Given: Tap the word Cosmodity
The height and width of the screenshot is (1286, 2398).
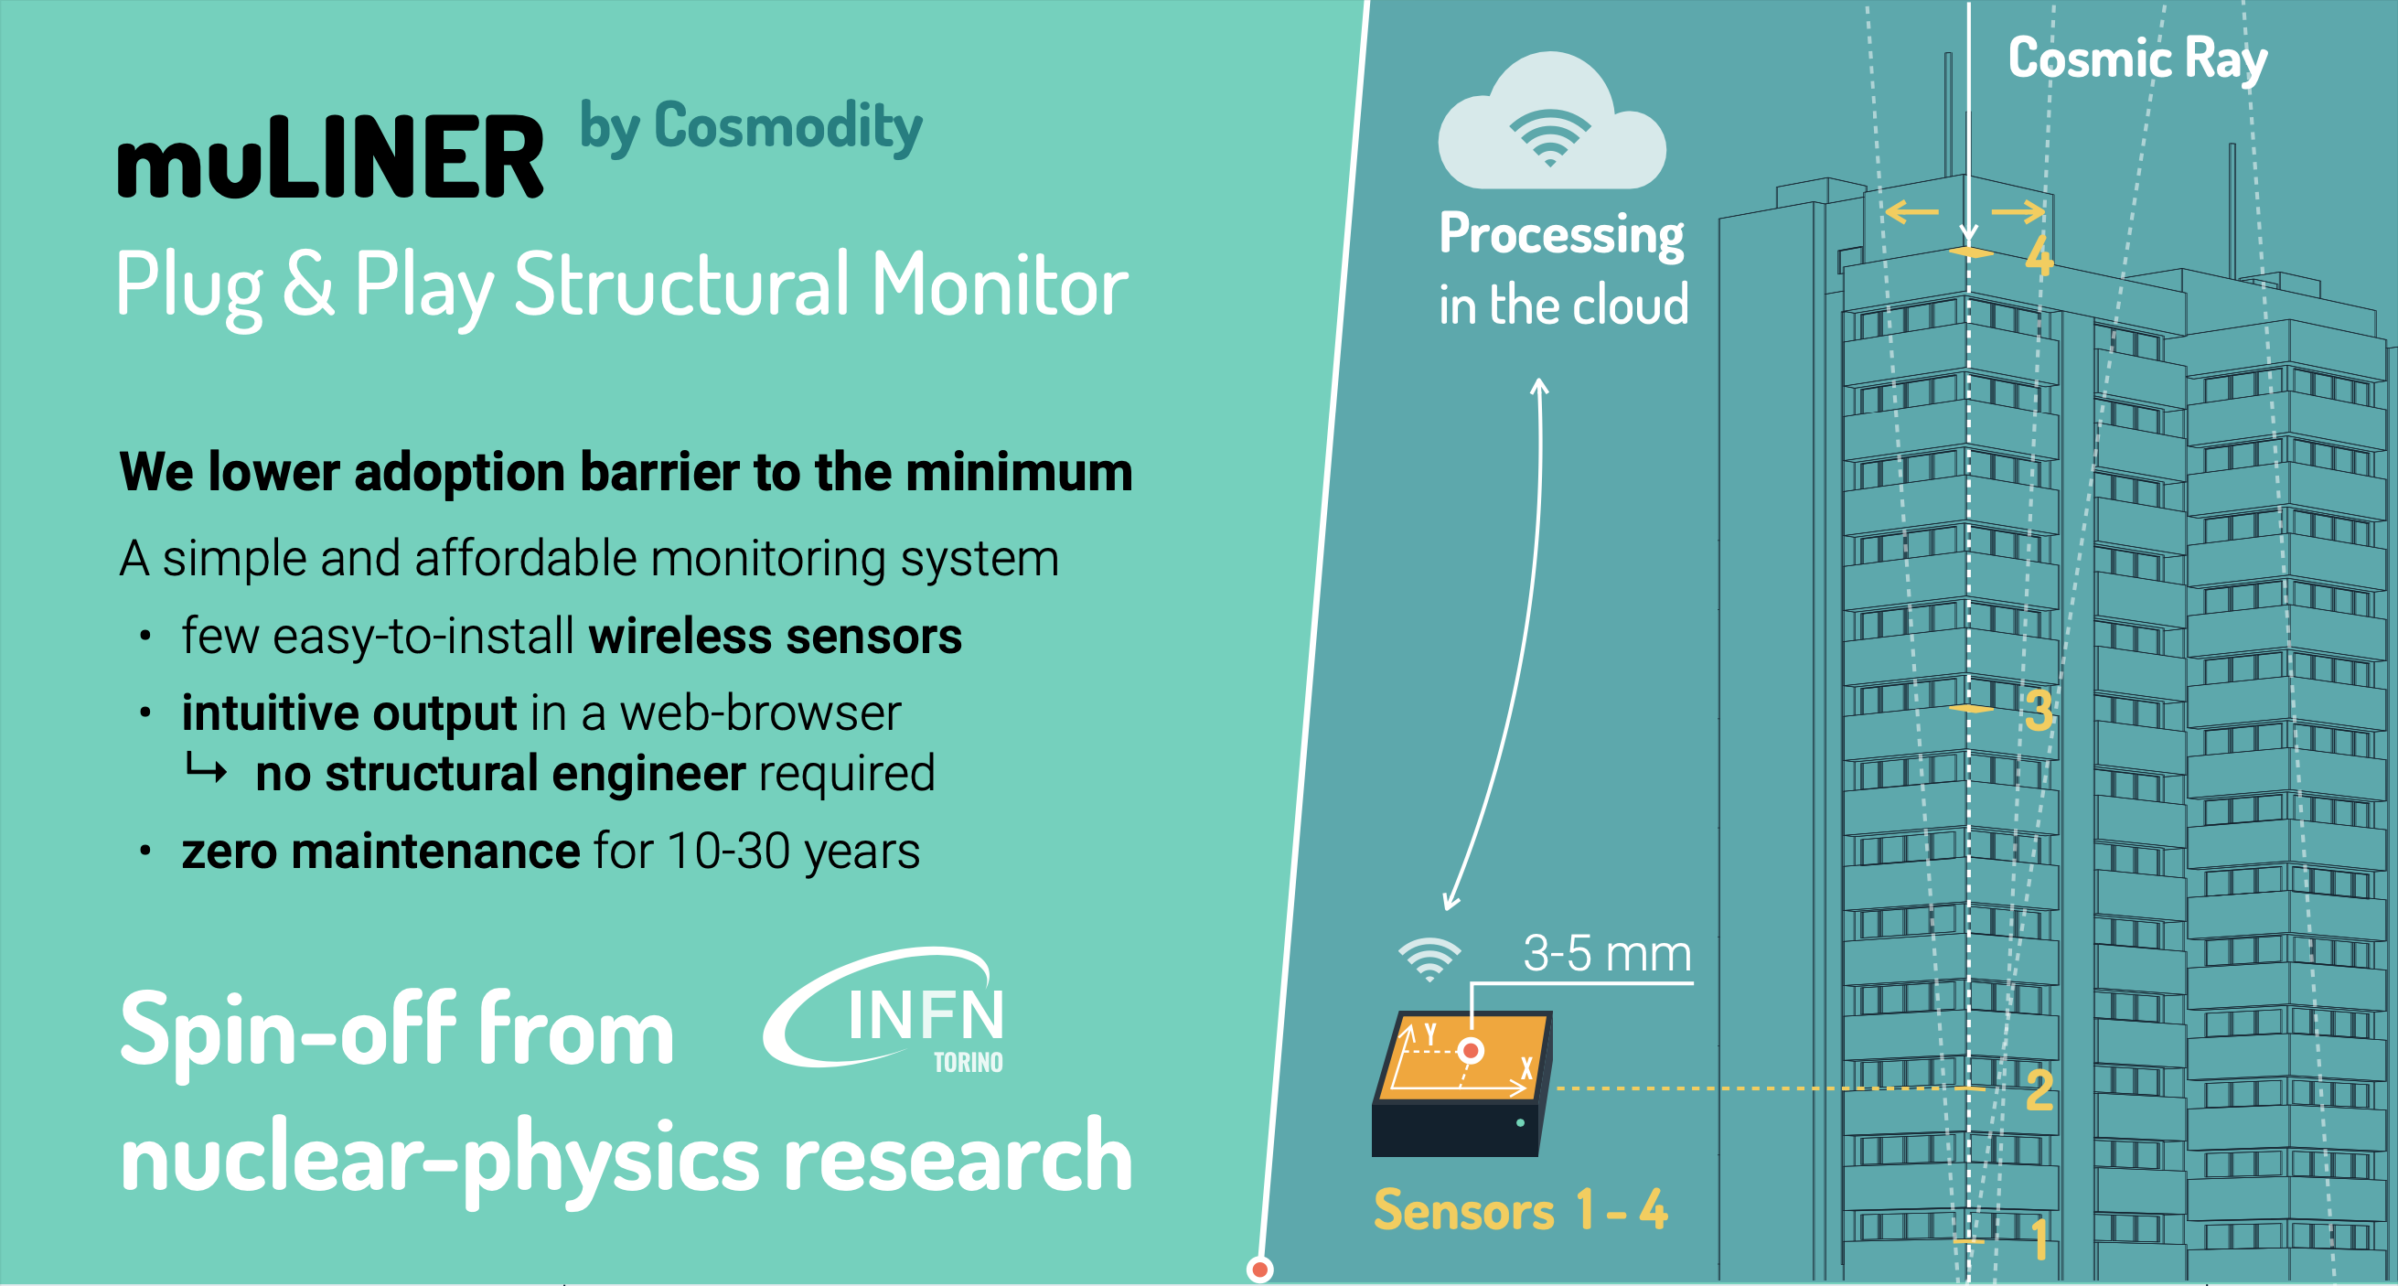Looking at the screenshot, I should [x=787, y=126].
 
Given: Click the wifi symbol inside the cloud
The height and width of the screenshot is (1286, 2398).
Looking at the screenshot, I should [x=1550, y=137].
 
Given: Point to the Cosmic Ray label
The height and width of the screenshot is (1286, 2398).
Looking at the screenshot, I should [x=2136, y=59].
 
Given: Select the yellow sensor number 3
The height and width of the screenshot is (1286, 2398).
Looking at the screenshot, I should [x=2039, y=711].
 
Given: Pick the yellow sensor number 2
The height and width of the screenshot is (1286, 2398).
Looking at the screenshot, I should [x=2039, y=1089].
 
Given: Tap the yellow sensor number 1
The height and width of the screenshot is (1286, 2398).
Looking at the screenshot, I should [x=2039, y=1239].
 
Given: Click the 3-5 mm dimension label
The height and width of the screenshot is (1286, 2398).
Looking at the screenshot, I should [x=1607, y=954].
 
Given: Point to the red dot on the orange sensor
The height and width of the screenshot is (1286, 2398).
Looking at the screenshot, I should [x=1471, y=1051].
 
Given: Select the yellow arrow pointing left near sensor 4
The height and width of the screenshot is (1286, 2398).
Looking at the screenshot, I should [x=1911, y=212].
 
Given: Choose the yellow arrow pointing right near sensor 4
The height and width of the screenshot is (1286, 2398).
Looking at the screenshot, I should [x=2018, y=212].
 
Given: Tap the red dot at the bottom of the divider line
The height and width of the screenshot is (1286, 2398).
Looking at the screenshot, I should [x=1259, y=1270].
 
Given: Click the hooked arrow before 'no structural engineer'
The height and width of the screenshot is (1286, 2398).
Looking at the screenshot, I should [x=206, y=770].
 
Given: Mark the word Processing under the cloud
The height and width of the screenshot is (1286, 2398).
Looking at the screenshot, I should [x=1561, y=234].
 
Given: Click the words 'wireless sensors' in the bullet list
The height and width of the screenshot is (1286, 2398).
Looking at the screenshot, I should [x=775, y=637].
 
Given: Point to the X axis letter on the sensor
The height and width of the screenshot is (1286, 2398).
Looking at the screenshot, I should [x=1526, y=1068].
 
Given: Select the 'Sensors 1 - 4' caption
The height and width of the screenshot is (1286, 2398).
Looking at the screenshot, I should [x=1520, y=1211].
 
